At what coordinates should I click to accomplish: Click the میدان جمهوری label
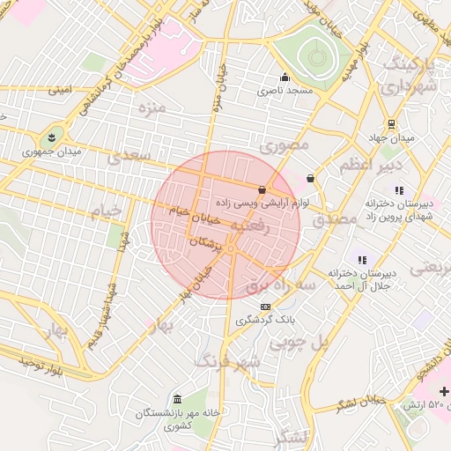click(52, 152)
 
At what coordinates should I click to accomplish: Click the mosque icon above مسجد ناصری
click(284, 77)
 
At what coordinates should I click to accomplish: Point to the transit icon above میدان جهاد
click(390, 124)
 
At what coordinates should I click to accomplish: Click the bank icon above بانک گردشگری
click(265, 307)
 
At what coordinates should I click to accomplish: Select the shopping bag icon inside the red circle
click(262, 189)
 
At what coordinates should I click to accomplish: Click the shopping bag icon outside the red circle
click(310, 178)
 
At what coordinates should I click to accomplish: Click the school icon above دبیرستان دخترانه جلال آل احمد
click(362, 259)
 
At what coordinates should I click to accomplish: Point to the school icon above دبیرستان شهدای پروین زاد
click(399, 189)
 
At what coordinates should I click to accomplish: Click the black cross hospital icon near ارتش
click(443, 391)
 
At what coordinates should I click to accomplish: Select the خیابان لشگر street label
click(359, 403)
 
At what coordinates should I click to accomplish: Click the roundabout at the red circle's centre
click(230, 249)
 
